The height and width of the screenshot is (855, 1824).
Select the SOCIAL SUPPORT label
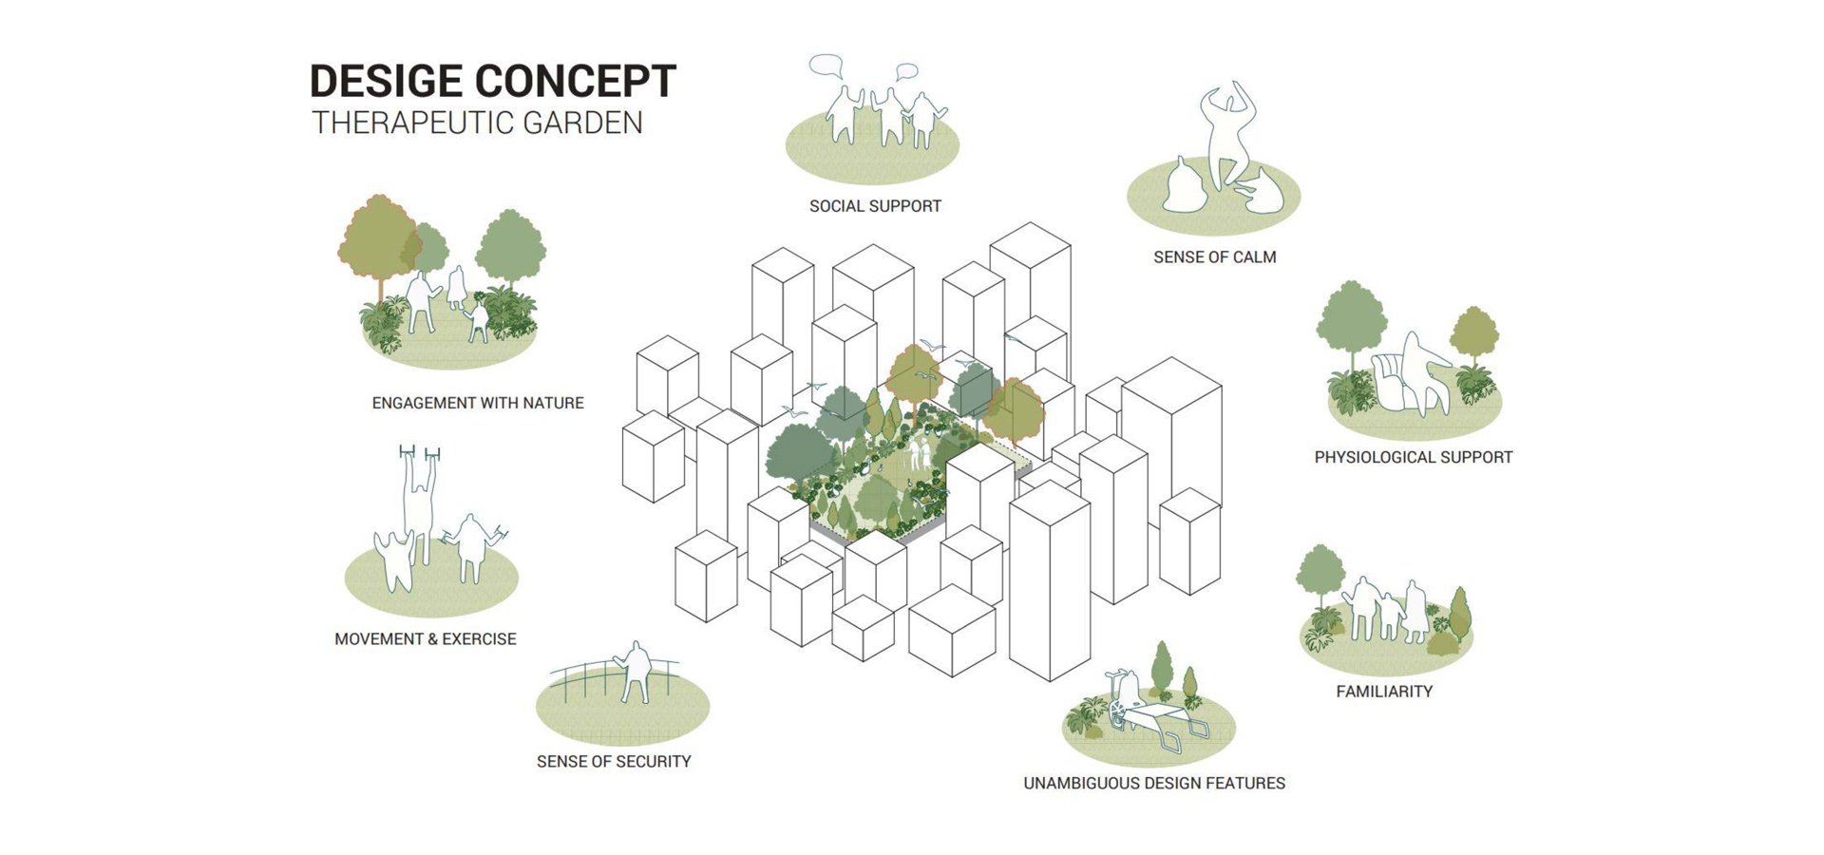[x=875, y=206]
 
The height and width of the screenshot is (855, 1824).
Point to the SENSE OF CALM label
[x=1214, y=257]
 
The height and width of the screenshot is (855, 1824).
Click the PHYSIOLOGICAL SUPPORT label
[x=1413, y=457]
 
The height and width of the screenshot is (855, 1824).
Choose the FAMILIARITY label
[x=1384, y=692]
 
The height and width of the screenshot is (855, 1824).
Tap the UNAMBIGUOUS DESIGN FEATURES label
[x=1153, y=783]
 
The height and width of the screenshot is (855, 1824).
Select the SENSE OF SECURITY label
[x=614, y=761]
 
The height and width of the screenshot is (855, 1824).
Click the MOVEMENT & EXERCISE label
[x=425, y=639]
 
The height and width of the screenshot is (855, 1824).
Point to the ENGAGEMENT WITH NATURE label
[x=478, y=403]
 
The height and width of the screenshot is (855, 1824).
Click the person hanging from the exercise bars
[x=418, y=499]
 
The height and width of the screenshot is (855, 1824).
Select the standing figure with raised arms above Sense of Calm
[x=1228, y=133]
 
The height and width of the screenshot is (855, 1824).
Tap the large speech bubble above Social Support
[x=826, y=66]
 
